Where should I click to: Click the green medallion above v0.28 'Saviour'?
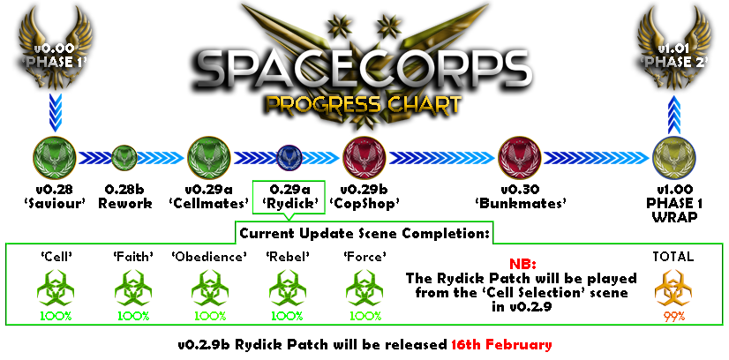[55, 158]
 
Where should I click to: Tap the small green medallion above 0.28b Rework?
[124, 158]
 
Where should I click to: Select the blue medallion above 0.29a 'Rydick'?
[289, 158]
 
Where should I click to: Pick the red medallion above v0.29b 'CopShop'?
[364, 158]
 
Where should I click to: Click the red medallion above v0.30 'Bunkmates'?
[519, 158]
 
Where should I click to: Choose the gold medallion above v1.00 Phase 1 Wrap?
[674, 158]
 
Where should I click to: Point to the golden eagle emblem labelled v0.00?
[55, 48]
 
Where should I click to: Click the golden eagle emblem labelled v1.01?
[674, 48]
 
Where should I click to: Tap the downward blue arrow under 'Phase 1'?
[56, 113]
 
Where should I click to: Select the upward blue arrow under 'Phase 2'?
[674, 113]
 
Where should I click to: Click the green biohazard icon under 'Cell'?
[56, 289]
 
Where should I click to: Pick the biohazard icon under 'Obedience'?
[210, 289]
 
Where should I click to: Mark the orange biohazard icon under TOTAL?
[673, 289]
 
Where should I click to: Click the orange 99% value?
[673, 317]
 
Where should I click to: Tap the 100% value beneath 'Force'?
[365, 317]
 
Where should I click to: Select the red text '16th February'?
[501, 345]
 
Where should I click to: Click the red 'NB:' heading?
[522, 266]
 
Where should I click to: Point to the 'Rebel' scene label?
[288, 256]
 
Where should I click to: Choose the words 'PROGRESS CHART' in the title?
[364, 106]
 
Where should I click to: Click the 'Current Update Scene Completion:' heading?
[364, 234]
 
